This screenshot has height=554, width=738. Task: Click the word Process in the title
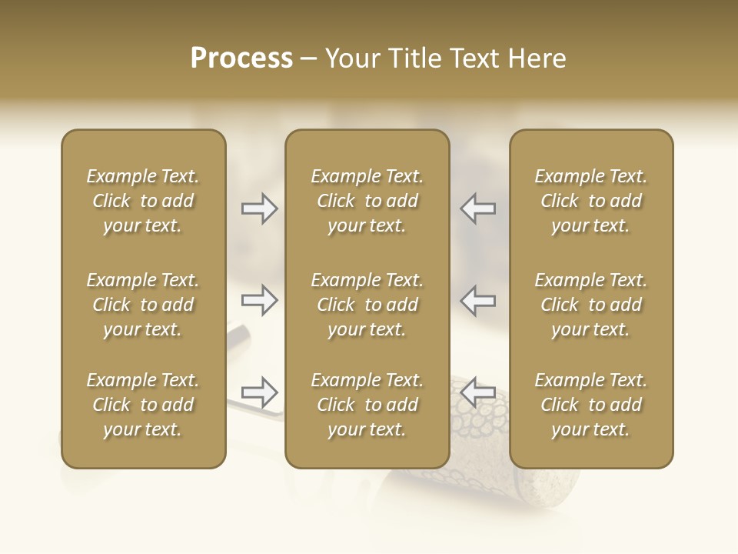pyautogui.click(x=241, y=58)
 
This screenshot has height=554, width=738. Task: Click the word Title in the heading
pyautogui.click(x=414, y=58)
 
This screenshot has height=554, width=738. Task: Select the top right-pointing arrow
pyautogui.click(x=259, y=209)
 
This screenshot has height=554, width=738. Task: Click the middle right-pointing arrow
pyautogui.click(x=259, y=300)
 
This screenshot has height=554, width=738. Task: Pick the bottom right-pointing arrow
pyautogui.click(x=259, y=392)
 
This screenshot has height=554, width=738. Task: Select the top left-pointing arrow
pyautogui.click(x=478, y=209)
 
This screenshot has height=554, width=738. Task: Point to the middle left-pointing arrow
pyautogui.click(x=478, y=300)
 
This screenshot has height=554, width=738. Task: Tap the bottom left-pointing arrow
pyautogui.click(x=478, y=392)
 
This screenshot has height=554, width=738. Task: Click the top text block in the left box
pyautogui.click(x=143, y=201)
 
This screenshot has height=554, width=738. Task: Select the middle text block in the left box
pyautogui.click(x=143, y=305)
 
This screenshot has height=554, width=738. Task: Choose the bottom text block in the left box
pyautogui.click(x=143, y=405)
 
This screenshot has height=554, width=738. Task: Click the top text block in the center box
pyautogui.click(x=367, y=201)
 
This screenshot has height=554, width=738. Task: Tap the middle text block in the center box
pyautogui.click(x=367, y=305)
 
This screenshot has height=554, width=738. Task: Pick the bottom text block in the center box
pyautogui.click(x=367, y=405)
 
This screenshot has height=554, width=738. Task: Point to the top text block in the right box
pyautogui.click(x=590, y=201)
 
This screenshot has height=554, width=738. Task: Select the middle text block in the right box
pyautogui.click(x=590, y=305)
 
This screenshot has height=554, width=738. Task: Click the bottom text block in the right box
pyautogui.click(x=590, y=405)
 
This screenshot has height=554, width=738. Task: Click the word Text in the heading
pyautogui.click(x=473, y=58)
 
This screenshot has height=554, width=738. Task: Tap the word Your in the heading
pyautogui.click(x=354, y=58)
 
